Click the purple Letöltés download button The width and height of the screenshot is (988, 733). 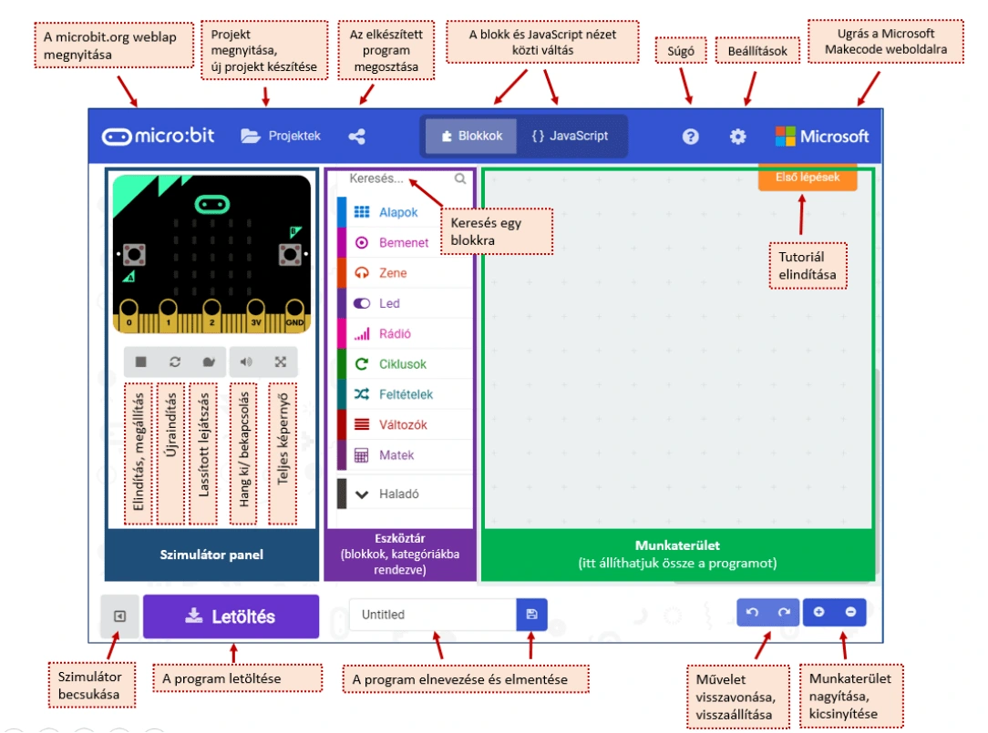231,616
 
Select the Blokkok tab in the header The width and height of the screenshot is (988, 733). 471,136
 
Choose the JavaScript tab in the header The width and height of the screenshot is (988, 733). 571,136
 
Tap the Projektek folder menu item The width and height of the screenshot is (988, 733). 281,136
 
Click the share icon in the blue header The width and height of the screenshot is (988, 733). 356,137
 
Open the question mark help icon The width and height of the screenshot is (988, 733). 691,137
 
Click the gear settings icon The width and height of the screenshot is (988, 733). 738,137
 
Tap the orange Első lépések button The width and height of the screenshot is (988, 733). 808,178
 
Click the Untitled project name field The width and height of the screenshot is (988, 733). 433,615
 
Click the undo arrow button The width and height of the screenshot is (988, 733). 752,612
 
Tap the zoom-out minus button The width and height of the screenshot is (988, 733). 850,612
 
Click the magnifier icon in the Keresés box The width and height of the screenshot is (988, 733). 460,178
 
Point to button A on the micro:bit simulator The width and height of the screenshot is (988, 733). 134,254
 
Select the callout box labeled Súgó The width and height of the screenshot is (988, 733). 681,51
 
